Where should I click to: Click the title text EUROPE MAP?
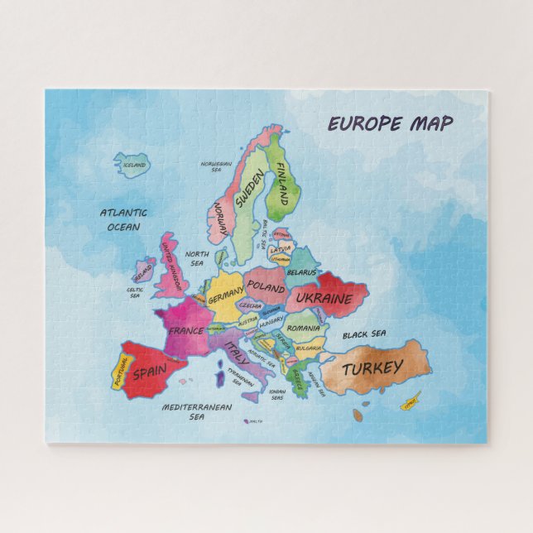tap(391, 124)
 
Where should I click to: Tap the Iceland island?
tap(132, 164)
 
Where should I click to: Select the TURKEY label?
tap(373, 369)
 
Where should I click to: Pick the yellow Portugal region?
tap(119, 373)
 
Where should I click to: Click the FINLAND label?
tap(281, 185)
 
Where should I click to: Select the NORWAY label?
tap(220, 218)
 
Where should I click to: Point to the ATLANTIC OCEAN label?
tap(123, 219)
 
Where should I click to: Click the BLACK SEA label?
tap(364, 334)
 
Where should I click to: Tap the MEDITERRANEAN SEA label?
tap(196, 411)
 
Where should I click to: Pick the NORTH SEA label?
tap(197, 258)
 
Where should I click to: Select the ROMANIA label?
tap(304, 329)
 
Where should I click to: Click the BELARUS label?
tap(301, 271)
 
